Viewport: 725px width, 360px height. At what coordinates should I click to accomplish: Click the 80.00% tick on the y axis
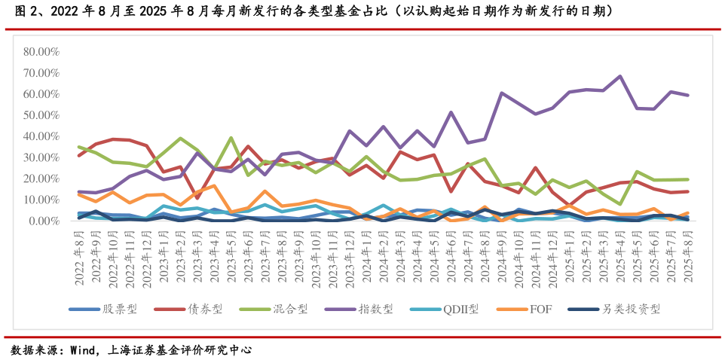(x=41, y=52)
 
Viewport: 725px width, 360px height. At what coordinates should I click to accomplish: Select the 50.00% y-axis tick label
(x=41, y=115)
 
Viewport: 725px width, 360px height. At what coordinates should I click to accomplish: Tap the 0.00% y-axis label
(x=44, y=221)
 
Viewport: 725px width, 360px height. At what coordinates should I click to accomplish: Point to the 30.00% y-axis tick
(x=41, y=157)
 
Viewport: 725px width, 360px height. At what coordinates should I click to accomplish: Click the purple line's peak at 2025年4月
(x=619, y=76)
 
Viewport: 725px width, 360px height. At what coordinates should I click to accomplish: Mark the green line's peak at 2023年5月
(x=231, y=137)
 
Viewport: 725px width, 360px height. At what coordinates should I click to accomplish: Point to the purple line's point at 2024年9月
(x=501, y=93)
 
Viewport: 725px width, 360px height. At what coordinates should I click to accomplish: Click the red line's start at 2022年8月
(x=79, y=155)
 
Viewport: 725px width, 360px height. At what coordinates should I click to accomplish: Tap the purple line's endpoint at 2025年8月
(x=687, y=96)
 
